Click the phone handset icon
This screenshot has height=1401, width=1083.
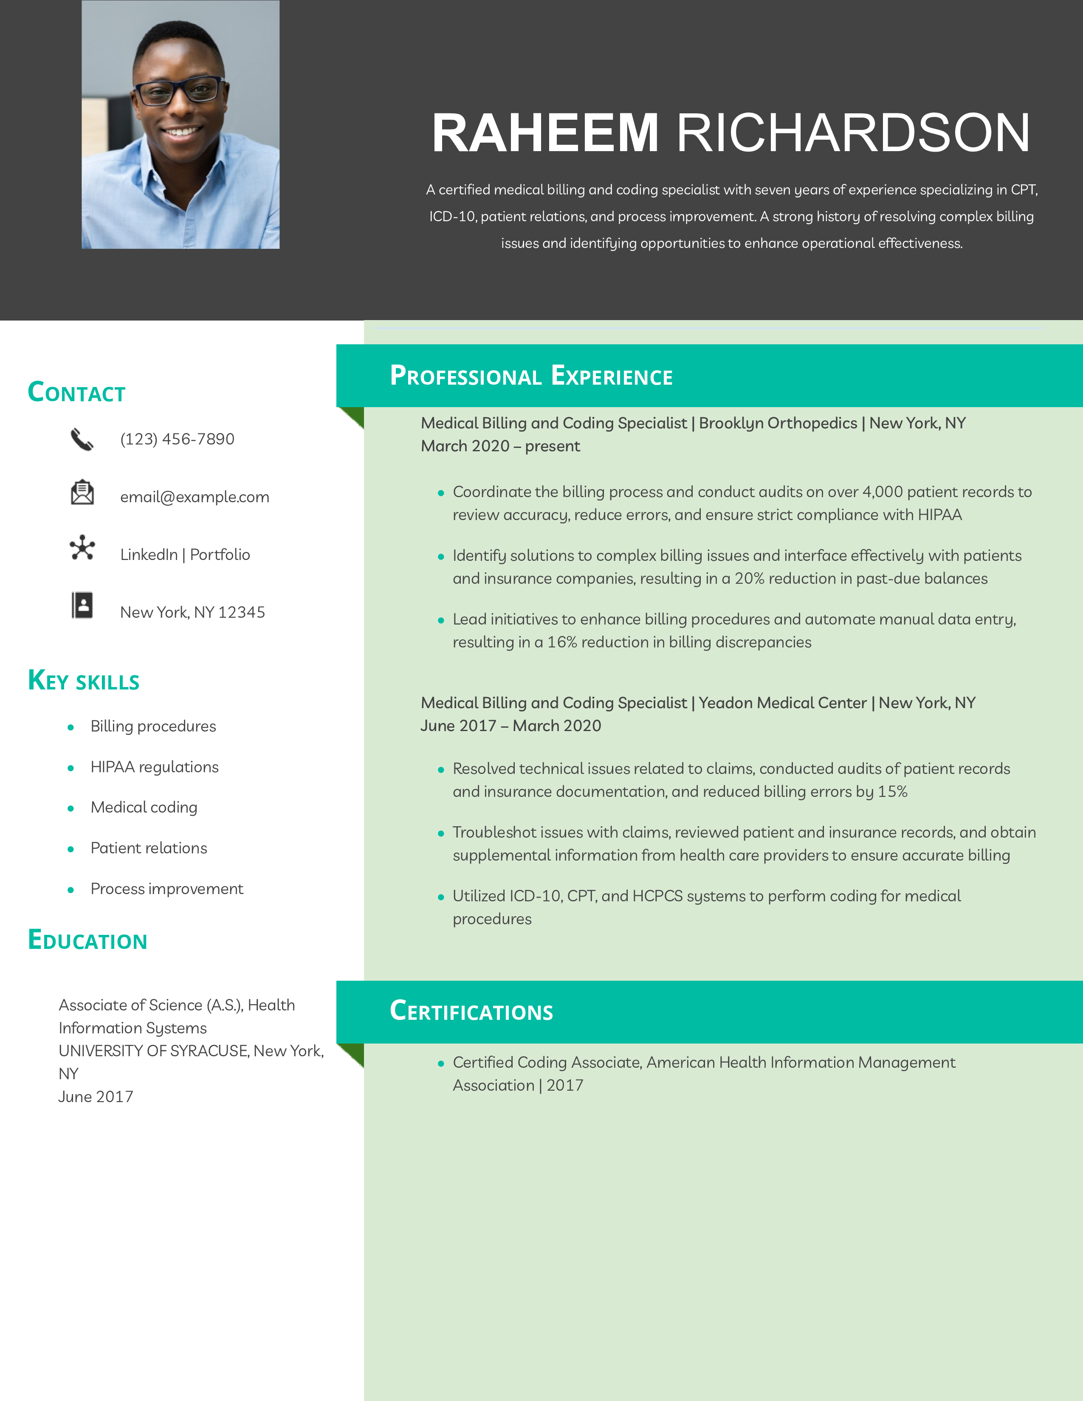[82, 439]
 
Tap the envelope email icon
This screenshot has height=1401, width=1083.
[82, 492]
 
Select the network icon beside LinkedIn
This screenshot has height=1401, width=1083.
[82, 548]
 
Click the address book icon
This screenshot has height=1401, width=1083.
[82, 605]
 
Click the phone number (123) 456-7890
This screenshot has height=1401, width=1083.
[177, 439]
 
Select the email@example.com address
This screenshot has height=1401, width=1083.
[195, 497]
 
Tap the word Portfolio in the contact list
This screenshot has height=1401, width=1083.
[220, 555]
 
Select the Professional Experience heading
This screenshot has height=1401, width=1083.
[531, 376]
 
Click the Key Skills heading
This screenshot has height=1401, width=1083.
[83, 681]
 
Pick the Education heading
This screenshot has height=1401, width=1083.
[88, 940]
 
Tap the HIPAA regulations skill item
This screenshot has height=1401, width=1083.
[154, 767]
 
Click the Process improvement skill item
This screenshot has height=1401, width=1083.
[167, 889]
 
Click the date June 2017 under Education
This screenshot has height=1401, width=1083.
[96, 1097]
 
